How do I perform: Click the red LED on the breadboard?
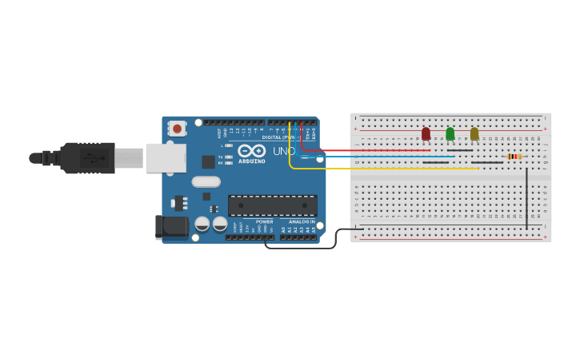coord(426,133)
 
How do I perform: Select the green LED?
coord(450,133)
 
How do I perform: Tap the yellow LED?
coord(474,133)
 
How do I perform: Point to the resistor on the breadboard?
coord(514,156)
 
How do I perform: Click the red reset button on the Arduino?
coord(177,128)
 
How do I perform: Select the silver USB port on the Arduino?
coord(165,158)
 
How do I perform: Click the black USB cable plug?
coord(88,158)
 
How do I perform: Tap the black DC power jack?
coord(171,226)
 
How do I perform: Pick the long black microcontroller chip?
coord(272,205)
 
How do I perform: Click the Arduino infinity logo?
coord(251,150)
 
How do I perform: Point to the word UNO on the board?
coord(284,151)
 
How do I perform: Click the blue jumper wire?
coord(384,157)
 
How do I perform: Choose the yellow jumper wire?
coord(384,169)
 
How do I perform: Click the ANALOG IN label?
coord(302,221)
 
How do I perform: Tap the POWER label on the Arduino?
coord(265,221)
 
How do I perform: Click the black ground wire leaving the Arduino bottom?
coord(304,248)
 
